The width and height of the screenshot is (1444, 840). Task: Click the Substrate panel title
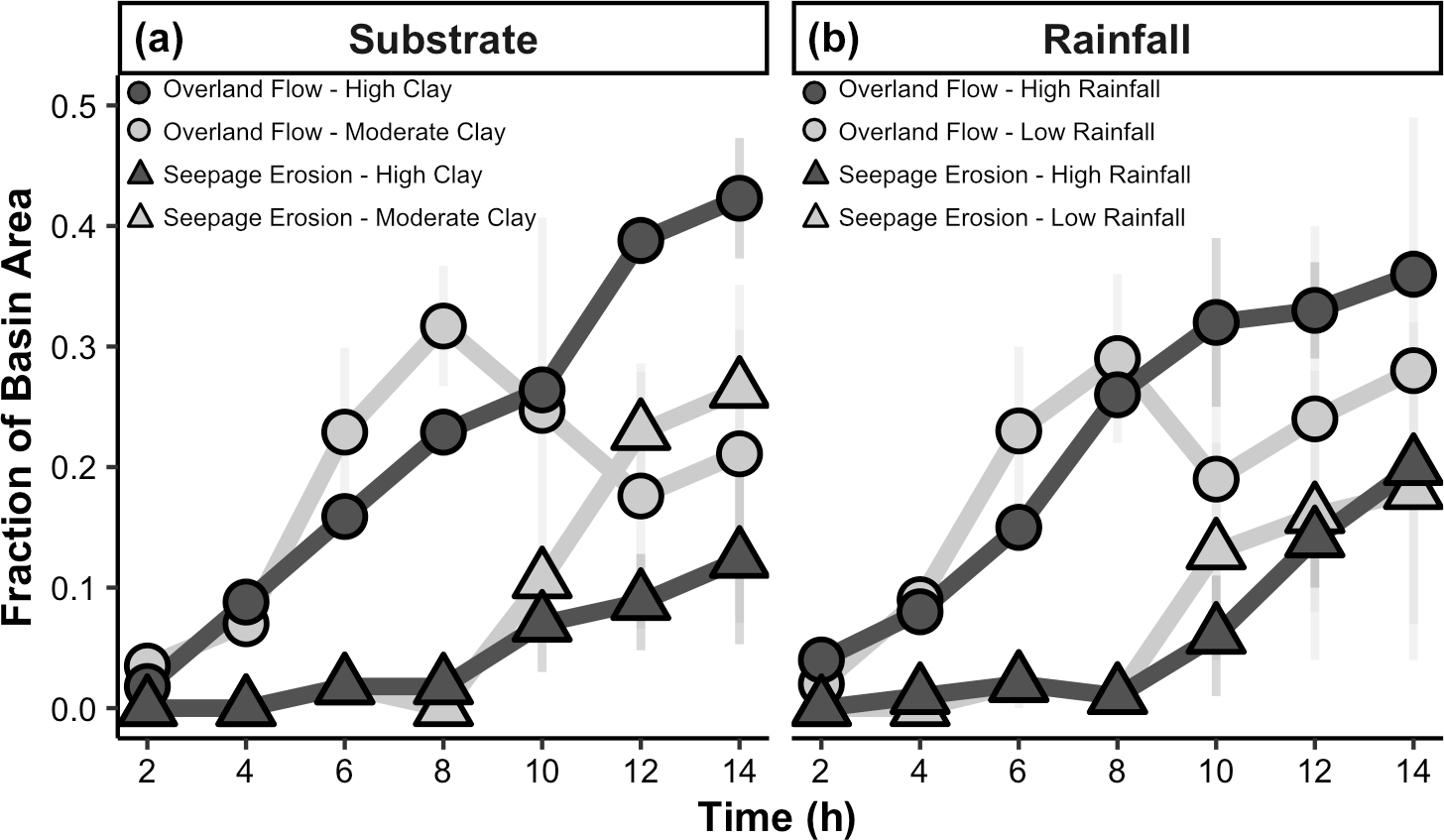[x=442, y=40]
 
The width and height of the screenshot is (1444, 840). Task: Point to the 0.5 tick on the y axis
[x=83, y=106]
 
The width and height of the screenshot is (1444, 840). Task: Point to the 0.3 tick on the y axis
[x=83, y=347]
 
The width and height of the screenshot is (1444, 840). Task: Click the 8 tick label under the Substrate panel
[x=442, y=771]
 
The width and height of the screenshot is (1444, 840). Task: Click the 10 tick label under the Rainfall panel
[x=1215, y=771]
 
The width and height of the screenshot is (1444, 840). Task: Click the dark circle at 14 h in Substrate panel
[x=739, y=197]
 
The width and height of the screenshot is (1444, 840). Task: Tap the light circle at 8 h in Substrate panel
[x=442, y=325]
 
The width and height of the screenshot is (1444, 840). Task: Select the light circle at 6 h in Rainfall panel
[x=1018, y=430]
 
